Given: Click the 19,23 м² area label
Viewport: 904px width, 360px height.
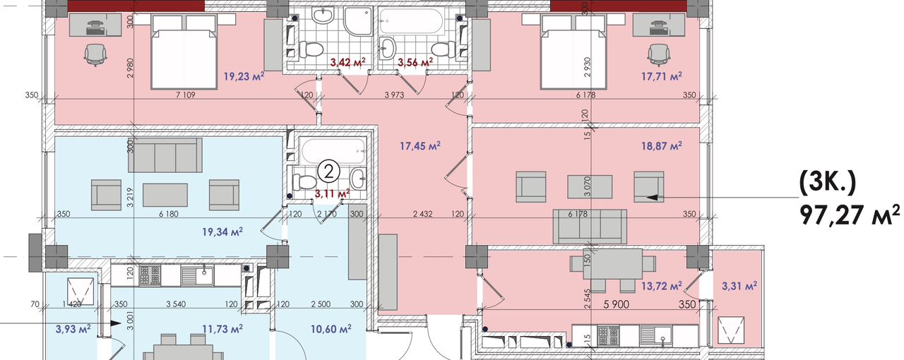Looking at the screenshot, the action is (244, 76).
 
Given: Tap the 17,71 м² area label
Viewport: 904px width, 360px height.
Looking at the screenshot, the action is (662, 76).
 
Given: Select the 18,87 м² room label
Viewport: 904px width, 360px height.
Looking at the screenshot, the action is (662, 145).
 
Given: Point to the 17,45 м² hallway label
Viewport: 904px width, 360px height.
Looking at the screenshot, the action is (420, 145).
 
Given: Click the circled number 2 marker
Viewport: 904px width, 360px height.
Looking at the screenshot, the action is (329, 172).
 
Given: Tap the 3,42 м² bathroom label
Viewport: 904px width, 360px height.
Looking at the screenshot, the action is (347, 62).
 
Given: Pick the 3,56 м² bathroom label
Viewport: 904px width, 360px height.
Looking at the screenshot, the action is (415, 62).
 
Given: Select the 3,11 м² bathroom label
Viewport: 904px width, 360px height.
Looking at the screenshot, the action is (332, 193).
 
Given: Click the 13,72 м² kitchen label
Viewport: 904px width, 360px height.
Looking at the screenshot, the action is (662, 286).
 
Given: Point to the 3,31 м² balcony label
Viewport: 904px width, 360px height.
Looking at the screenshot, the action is (739, 286).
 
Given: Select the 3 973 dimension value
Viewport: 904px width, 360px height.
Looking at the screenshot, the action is (395, 95).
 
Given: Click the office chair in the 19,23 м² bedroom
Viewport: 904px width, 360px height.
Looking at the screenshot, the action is (95, 54).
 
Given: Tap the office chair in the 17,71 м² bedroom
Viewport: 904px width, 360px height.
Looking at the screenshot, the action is (659, 54).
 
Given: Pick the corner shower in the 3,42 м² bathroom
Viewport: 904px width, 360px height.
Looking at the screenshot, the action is (358, 21).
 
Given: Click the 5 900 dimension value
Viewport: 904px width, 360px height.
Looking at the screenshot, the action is (617, 304).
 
